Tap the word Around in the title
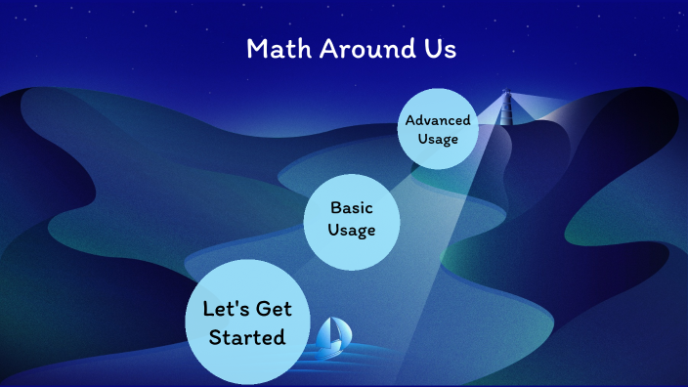[x=360, y=50]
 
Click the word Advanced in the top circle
[x=438, y=120]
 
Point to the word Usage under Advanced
[x=438, y=139]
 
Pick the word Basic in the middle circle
[x=352, y=207]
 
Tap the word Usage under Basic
[x=352, y=230]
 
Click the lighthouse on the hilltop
[x=506, y=113]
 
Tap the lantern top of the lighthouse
[x=506, y=95]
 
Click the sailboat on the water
[x=334, y=336]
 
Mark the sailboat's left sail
[x=328, y=334]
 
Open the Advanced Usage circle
[x=438, y=130]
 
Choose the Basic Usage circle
[x=352, y=219]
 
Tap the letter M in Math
[x=257, y=50]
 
